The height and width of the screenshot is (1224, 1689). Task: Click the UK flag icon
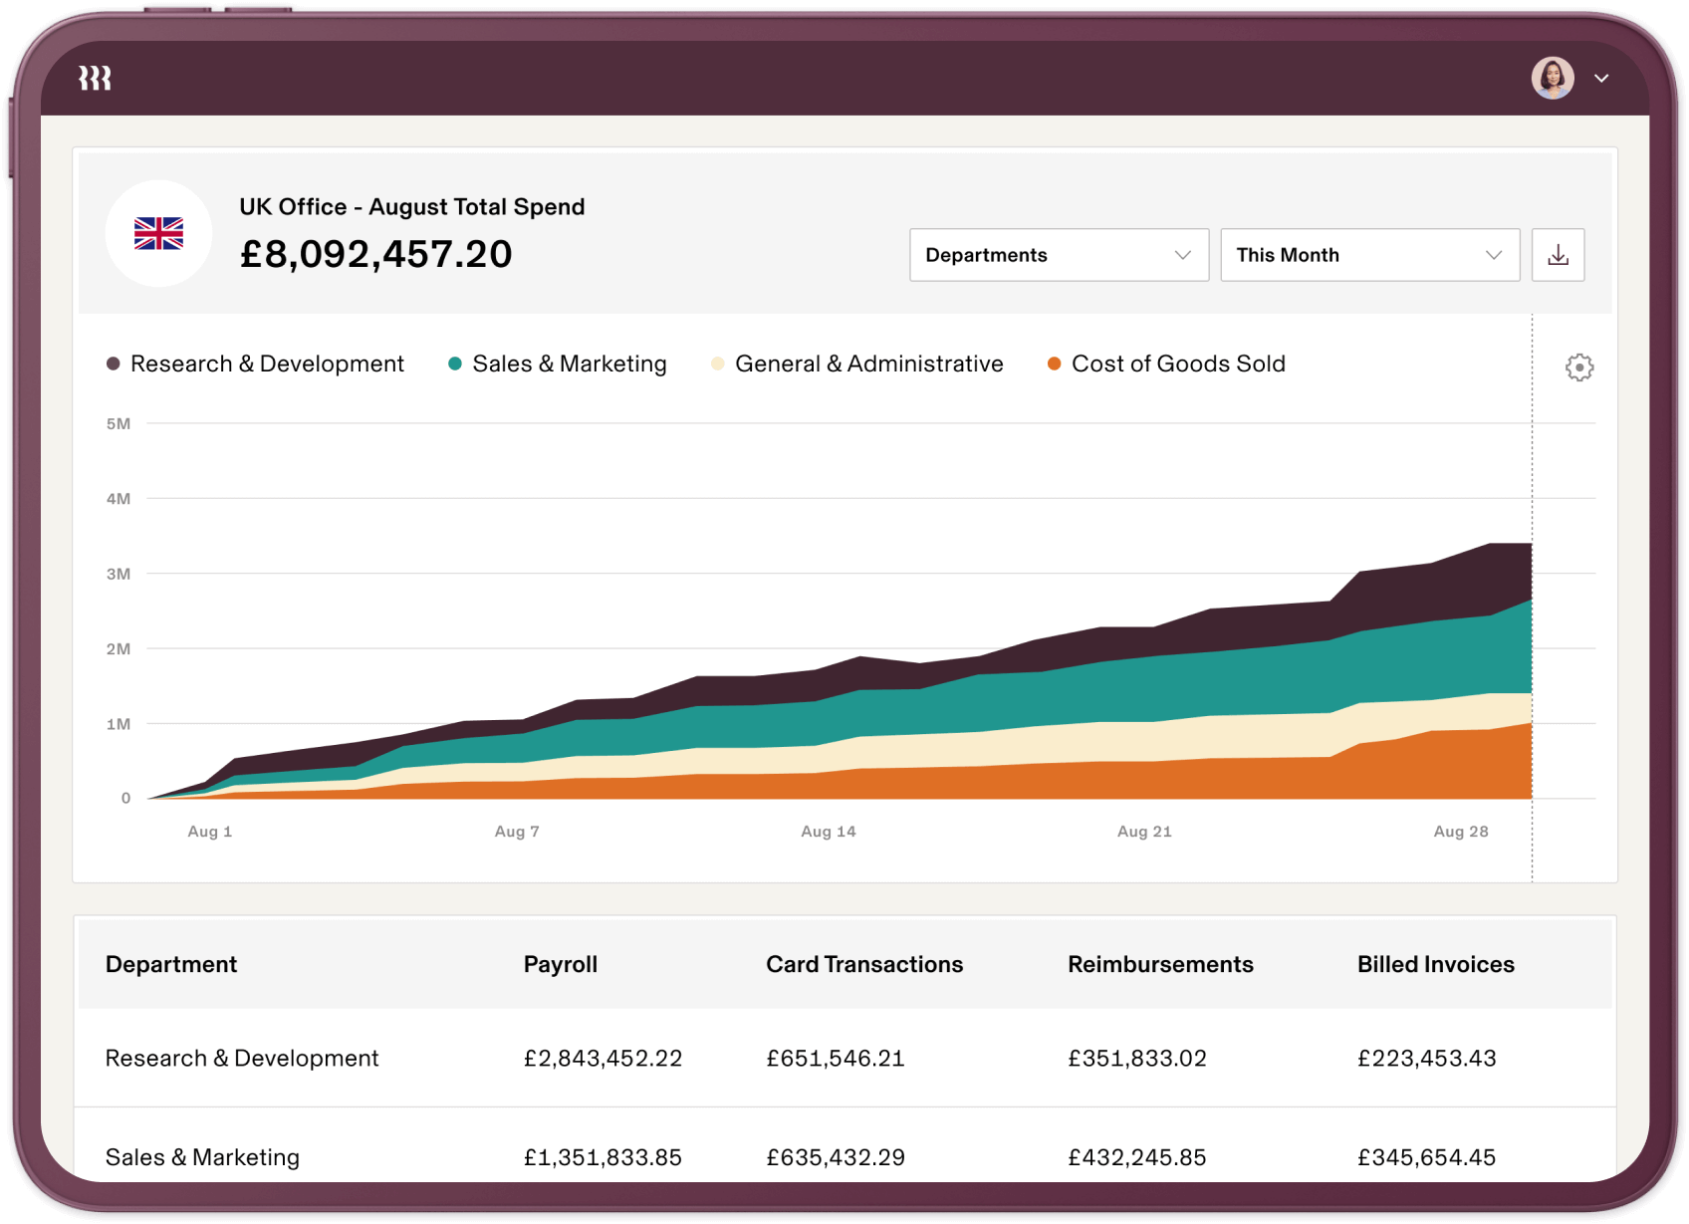[x=158, y=233]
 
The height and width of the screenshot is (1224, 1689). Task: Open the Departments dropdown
[x=1059, y=255]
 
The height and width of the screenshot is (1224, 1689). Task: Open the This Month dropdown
[x=1369, y=255]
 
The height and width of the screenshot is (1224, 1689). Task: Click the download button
[x=1558, y=255]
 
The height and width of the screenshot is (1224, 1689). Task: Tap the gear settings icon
[x=1578, y=367]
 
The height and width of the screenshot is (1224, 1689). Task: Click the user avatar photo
[x=1552, y=78]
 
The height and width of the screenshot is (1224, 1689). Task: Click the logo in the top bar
[x=95, y=78]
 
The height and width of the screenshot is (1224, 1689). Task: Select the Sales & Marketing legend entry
[x=558, y=364]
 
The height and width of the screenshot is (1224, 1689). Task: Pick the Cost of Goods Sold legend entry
[x=1166, y=364]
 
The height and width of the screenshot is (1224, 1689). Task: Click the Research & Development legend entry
[x=256, y=364]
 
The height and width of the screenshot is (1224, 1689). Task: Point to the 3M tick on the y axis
[x=119, y=574]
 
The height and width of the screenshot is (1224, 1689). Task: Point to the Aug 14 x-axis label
[x=828, y=831]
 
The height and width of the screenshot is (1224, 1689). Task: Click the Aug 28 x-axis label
[x=1460, y=831]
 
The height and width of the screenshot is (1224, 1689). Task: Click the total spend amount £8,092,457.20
[x=375, y=254]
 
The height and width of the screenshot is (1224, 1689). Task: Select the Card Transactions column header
[x=863, y=964]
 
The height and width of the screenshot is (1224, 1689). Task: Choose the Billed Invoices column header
[x=1435, y=964]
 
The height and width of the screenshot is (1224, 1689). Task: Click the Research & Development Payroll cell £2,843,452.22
[x=603, y=1058]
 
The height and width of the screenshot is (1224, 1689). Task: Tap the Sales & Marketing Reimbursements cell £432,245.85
[x=1136, y=1157]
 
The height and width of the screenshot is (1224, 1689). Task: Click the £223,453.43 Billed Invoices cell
[x=1426, y=1058]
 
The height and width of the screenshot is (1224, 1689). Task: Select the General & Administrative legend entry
[x=857, y=364]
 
